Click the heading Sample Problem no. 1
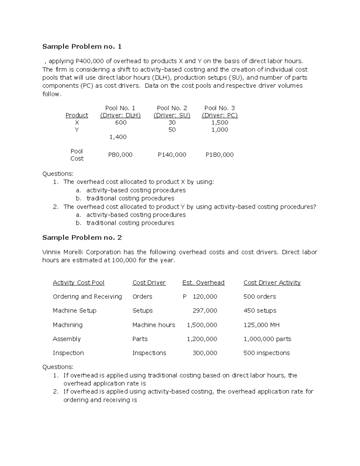pos(82,47)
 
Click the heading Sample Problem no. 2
pos(82,238)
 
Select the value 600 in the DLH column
pos(121,122)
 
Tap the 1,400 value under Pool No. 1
pos(118,137)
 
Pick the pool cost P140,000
pos(172,155)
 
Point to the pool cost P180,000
pos(220,155)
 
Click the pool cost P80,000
pos(120,155)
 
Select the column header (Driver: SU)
pos(172,115)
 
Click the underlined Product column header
pos(77,115)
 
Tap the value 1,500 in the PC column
pos(220,122)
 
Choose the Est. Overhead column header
pos(203,283)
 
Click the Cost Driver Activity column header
pos(272,283)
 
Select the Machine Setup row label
pos(74,311)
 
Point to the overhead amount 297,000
pos(205,311)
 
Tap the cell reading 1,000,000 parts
pos(267,339)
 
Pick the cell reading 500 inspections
pos(267,353)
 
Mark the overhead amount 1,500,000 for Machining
pos(202,325)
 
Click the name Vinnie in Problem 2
pos(51,252)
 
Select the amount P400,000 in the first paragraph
pos(89,61)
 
